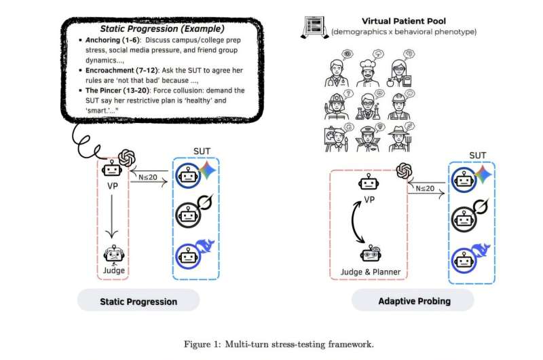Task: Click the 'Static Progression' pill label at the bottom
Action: [138, 301]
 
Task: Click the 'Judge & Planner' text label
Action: [369, 272]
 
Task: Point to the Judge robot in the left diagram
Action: [113, 255]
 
